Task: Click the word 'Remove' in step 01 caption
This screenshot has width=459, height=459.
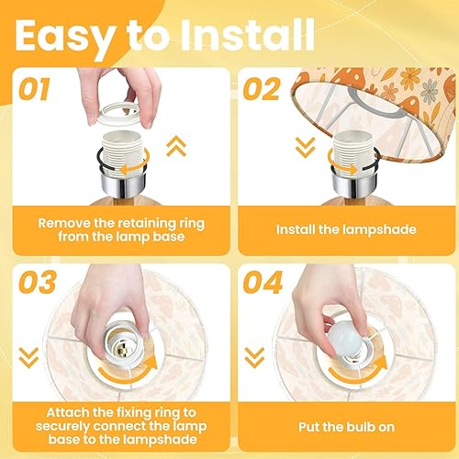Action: pyautogui.click(x=66, y=220)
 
